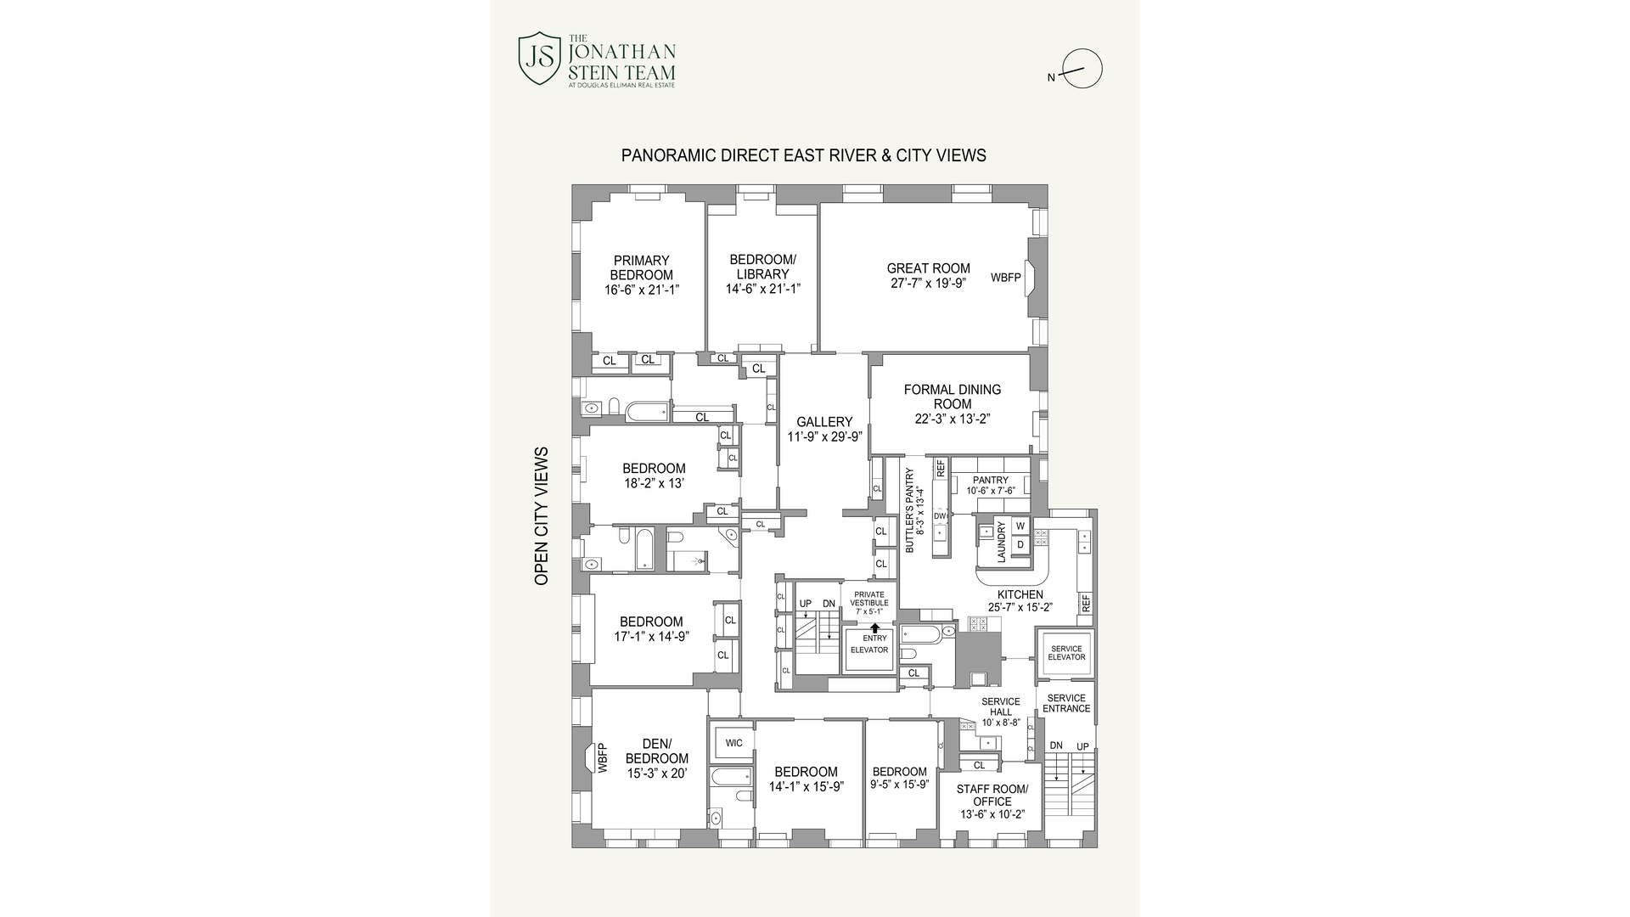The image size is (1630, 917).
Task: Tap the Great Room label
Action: [x=928, y=268]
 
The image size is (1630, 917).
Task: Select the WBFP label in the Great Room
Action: [x=1006, y=278]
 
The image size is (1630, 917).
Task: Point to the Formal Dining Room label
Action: [x=952, y=397]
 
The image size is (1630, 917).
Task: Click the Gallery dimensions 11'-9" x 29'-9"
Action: [x=824, y=436]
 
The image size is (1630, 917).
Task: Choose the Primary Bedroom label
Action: [x=641, y=267]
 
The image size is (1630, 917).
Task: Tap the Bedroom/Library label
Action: [x=762, y=267]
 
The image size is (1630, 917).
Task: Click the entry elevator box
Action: [x=868, y=650]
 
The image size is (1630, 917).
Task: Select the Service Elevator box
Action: [x=1065, y=653]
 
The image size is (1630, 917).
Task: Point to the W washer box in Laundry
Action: [x=1020, y=526]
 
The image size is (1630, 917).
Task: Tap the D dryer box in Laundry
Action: [x=1020, y=544]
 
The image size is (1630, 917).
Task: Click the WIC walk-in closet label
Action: [x=733, y=743]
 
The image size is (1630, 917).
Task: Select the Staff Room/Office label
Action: [x=992, y=795]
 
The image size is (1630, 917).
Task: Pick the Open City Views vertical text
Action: [x=541, y=515]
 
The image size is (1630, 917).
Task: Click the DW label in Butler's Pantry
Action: [x=939, y=516]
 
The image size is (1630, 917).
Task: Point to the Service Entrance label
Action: [x=1065, y=703]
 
